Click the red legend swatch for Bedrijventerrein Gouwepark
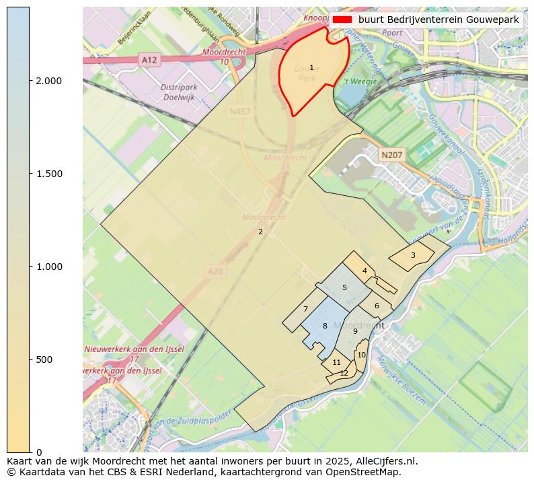(x=342, y=20)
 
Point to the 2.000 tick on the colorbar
(x=48, y=81)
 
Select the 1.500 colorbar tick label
(x=48, y=174)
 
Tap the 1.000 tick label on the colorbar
(x=48, y=267)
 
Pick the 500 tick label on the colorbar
(x=43, y=359)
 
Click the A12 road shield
(x=149, y=60)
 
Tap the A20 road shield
(x=215, y=271)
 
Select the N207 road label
(x=391, y=155)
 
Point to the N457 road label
(x=239, y=112)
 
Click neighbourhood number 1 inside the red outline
(x=311, y=67)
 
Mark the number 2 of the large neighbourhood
(x=260, y=232)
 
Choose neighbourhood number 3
(x=413, y=255)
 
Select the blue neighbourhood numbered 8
(x=325, y=326)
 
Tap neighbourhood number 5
(x=344, y=287)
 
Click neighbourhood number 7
(x=305, y=310)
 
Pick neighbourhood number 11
(x=336, y=362)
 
